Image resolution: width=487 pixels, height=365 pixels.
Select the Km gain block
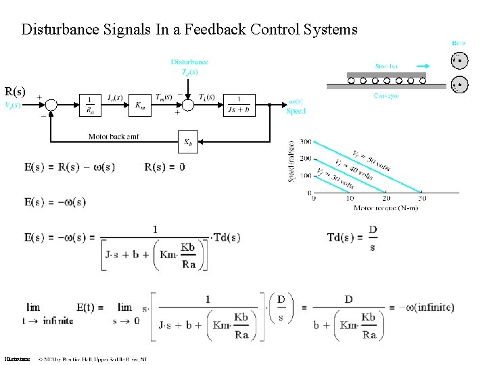point(139,105)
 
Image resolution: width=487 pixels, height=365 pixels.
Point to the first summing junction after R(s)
point(51,105)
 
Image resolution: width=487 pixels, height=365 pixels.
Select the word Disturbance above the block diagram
point(189,62)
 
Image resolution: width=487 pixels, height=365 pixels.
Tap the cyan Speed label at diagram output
point(296,112)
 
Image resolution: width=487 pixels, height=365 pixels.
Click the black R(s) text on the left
point(15,91)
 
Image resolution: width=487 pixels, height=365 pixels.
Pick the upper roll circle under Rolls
point(459,62)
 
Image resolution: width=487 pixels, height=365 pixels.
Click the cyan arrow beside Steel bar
point(421,66)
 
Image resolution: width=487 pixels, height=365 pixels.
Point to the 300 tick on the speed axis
point(304,142)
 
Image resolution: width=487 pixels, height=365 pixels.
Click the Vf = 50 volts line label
point(371,161)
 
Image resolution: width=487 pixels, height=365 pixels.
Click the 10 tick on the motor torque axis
point(350,198)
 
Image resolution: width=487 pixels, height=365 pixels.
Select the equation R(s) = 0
point(164,167)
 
